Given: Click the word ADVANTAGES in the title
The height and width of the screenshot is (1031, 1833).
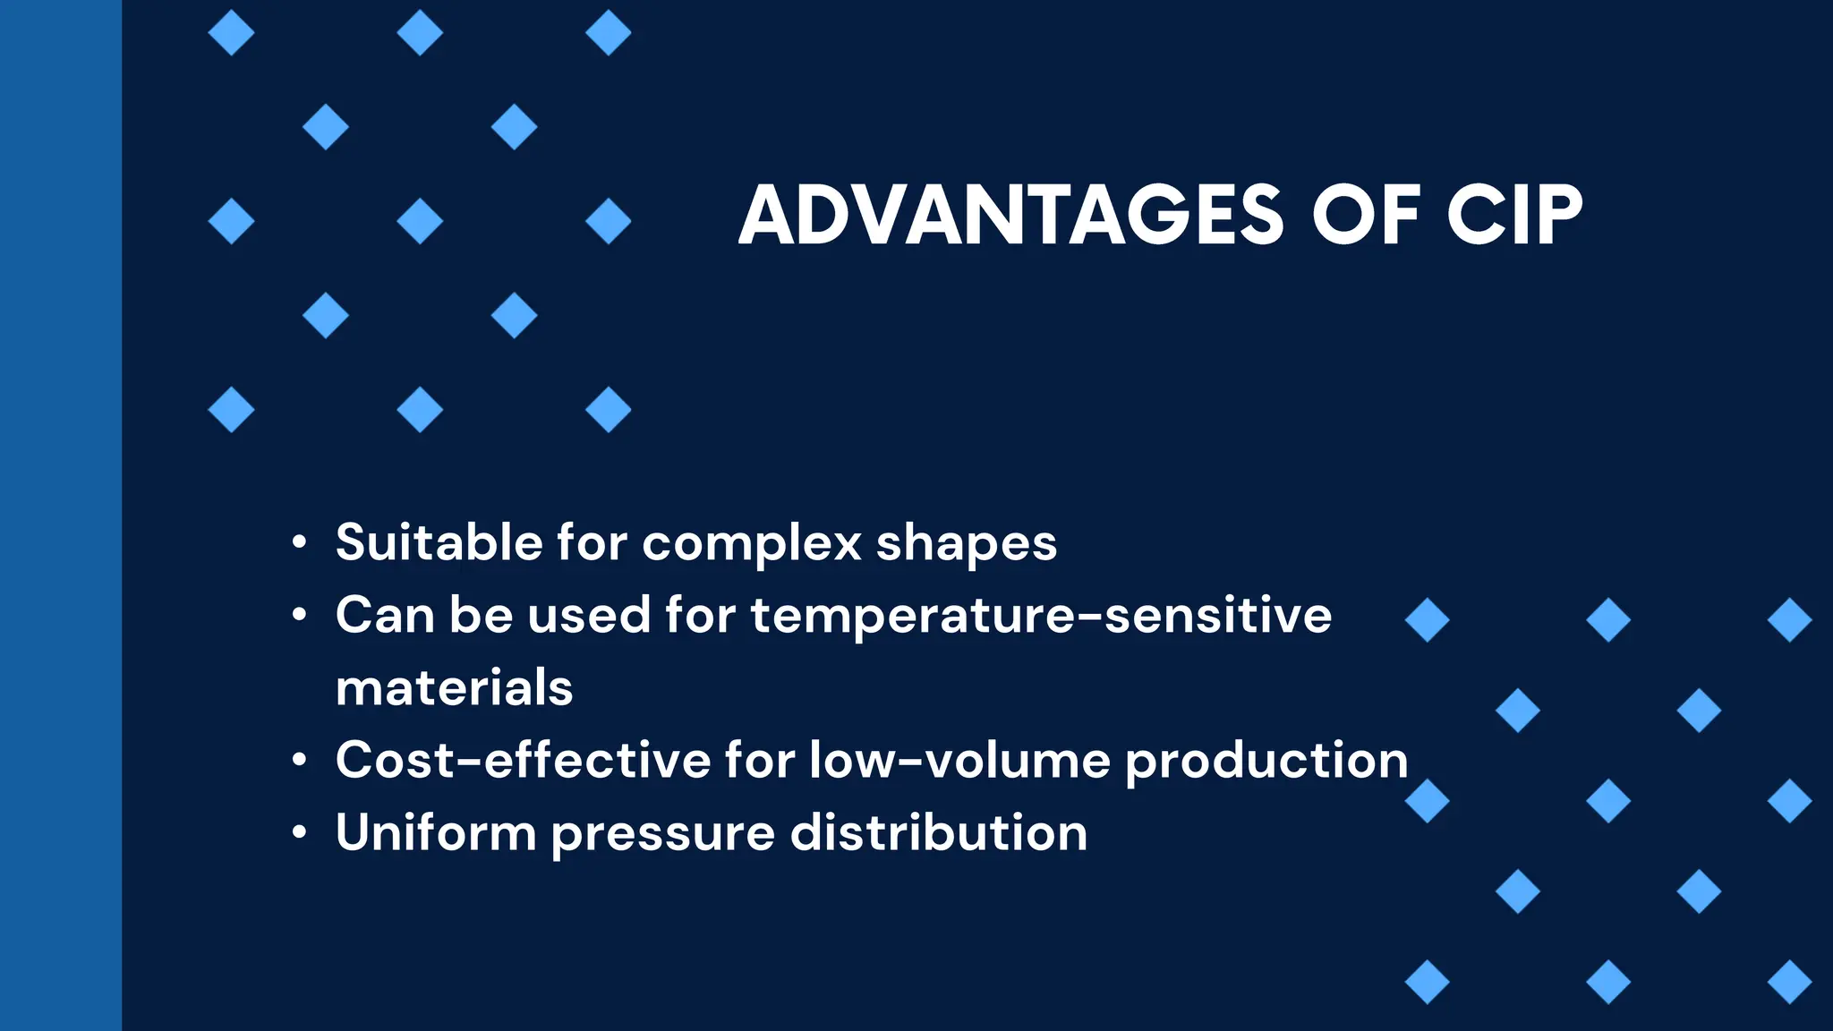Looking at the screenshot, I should coord(1012,216).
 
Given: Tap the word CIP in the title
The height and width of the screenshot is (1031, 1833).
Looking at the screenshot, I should coord(1514,216).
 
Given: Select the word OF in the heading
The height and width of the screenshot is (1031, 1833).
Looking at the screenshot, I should coord(1366,216).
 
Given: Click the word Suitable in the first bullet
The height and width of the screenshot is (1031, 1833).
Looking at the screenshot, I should coord(439,542).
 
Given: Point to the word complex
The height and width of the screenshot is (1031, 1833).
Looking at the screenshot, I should coord(752,544).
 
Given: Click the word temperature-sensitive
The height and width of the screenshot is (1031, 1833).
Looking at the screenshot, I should coord(1041,616).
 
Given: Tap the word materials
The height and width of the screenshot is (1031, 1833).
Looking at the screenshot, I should coord(454,687).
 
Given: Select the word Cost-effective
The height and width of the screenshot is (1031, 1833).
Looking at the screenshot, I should coord(523,760).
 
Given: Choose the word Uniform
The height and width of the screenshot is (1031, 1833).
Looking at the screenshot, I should coord(436,832).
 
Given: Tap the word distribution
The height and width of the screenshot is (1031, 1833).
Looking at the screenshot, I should coord(939,832).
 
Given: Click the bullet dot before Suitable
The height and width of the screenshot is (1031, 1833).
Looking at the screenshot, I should coord(300,543).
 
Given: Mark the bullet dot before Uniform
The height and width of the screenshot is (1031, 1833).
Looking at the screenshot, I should coord(300,833).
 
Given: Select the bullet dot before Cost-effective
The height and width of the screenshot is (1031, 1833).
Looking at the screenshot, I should coord(300,761).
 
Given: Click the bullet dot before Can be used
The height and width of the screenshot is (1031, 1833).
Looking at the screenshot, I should coord(300,616).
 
